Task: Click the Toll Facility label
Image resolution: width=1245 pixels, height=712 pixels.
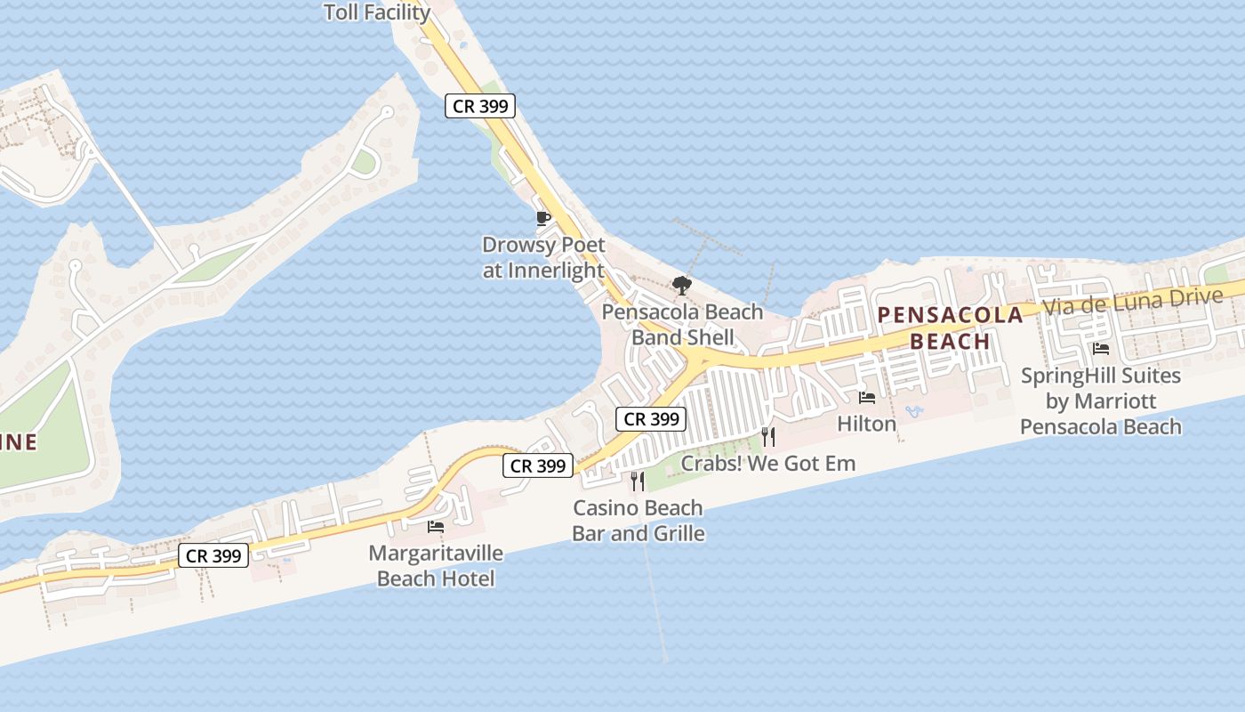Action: [377, 12]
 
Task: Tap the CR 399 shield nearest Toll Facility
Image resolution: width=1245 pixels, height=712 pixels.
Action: [480, 106]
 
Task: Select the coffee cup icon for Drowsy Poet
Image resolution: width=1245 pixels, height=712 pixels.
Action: [542, 218]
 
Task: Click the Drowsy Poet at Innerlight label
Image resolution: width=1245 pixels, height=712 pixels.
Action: [543, 257]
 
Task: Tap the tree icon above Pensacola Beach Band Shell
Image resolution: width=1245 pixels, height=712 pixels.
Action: [682, 286]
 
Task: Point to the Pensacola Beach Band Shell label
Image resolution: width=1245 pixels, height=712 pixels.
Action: [682, 325]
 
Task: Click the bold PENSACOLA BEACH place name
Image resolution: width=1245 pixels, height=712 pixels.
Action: [951, 328]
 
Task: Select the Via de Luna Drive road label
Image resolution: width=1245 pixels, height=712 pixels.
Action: [1132, 301]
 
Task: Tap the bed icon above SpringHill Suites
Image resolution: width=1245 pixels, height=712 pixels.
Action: [1101, 349]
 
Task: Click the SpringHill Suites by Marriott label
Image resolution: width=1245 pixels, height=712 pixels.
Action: [1101, 400]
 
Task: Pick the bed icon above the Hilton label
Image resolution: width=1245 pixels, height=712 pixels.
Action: [867, 398]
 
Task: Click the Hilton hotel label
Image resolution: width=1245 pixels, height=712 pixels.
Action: [867, 424]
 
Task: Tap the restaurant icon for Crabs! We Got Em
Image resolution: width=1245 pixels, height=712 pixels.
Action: [768, 436]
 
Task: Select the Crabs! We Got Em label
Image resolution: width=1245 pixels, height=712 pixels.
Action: [768, 463]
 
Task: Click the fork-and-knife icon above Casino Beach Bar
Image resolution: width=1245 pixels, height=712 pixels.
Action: [638, 481]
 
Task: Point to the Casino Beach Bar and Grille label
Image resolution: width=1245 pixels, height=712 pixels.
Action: [639, 521]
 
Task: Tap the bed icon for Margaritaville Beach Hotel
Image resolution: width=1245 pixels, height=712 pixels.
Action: [436, 527]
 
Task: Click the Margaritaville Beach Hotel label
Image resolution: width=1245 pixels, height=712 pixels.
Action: [436, 566]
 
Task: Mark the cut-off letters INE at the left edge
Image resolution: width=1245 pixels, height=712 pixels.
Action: [19, 441]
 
